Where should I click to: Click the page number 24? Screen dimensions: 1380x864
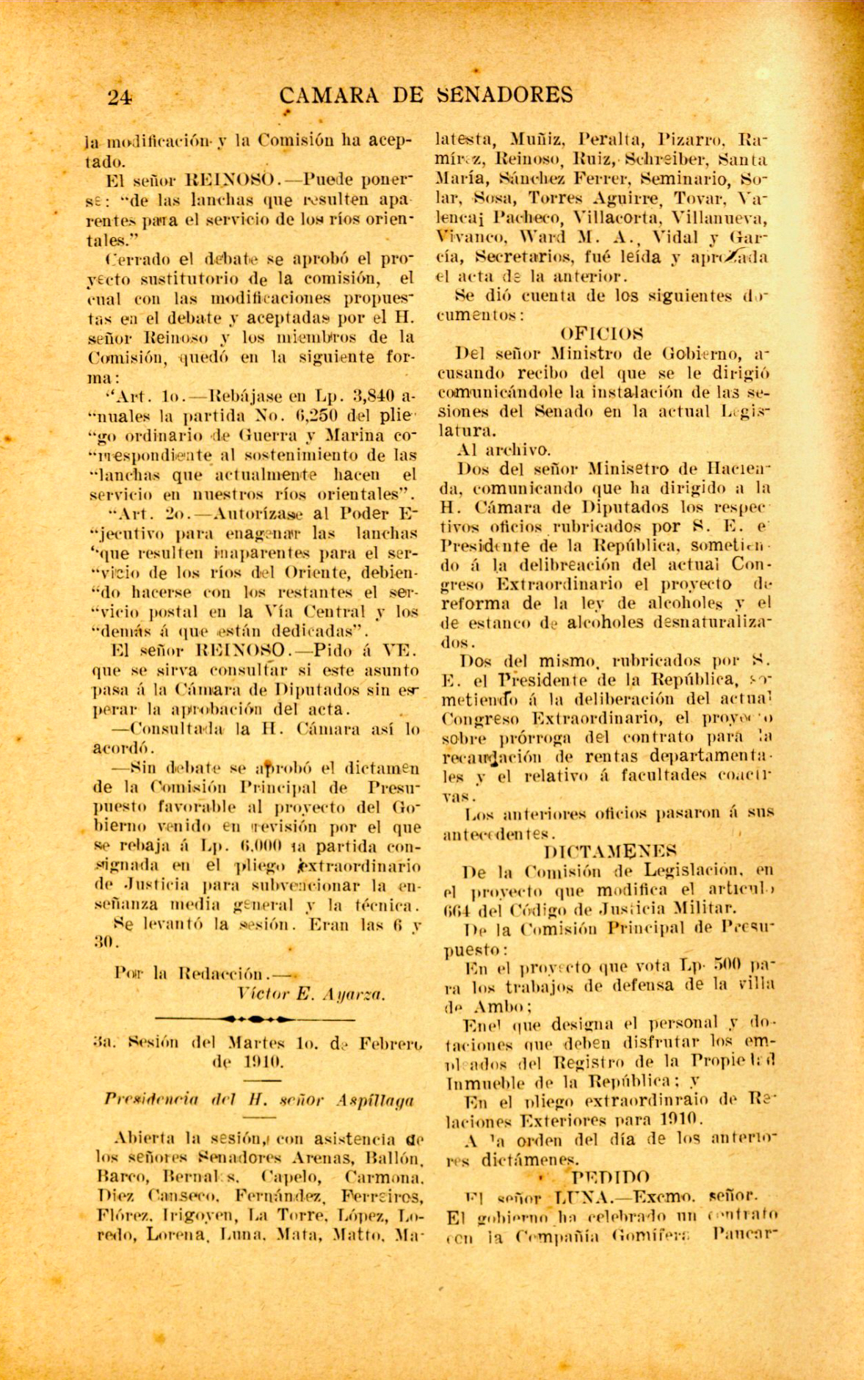(x=118, y=97)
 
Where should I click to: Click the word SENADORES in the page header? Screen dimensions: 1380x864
(x=504, y=95)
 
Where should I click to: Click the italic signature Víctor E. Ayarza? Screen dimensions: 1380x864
(x=312, y=995)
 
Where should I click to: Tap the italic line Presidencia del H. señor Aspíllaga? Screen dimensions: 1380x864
(x=258, y=1100)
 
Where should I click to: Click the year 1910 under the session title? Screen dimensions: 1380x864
(x=256, y=1061)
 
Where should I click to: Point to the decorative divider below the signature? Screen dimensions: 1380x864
(x=256, y=1019)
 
